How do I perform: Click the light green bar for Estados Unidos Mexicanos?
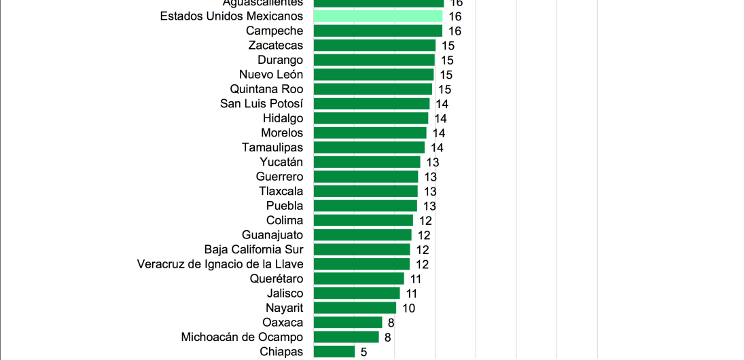pos(378,16)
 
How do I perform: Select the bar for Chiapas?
pos(334,351)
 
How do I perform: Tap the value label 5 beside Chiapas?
pos(364,352)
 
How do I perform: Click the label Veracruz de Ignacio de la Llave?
pos(220,264)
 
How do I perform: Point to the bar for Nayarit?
pos(355,308)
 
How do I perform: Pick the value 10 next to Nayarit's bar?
pos(408,308)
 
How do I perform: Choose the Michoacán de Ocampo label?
pos(242,337)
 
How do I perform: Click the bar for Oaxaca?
pos(348,323)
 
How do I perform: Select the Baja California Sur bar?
pos(361,249)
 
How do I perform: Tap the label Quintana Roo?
pos(266,89)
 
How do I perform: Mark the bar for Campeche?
pos(378,31)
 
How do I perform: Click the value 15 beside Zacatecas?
pos(448,46)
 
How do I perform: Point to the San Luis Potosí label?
pos(262,104)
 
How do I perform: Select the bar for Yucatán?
pos(367,162)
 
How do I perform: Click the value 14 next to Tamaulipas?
pos(437,147)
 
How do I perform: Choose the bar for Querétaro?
pos(359,278)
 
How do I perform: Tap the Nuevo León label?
pos(271,75)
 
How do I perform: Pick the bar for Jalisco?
pos(357,293)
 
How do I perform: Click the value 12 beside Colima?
pos(425,221)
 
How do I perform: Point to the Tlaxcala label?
pos(281,191)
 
